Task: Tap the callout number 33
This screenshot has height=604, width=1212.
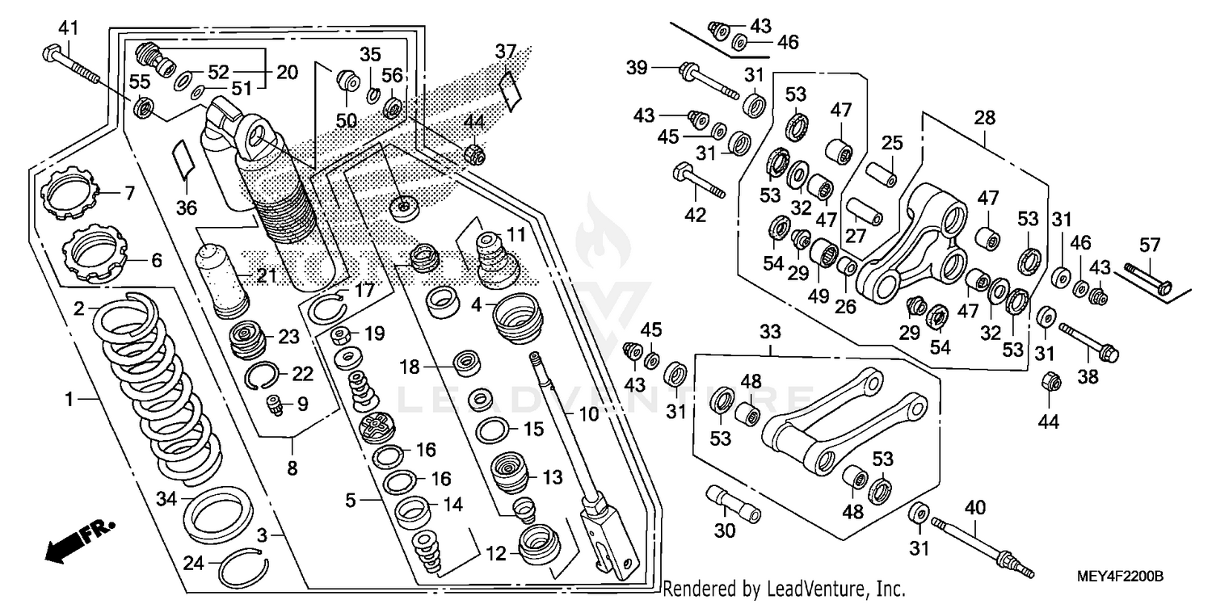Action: coord(769,331)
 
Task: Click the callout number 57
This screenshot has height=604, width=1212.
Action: coord(1149,244)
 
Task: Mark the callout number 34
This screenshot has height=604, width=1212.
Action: coord(166,499)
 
